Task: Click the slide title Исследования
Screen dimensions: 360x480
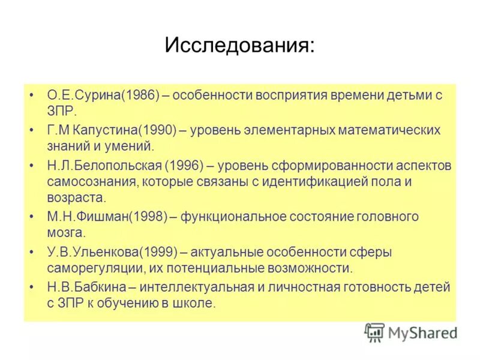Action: coord(239,46)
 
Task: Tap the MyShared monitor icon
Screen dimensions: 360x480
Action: coord(375,332)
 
